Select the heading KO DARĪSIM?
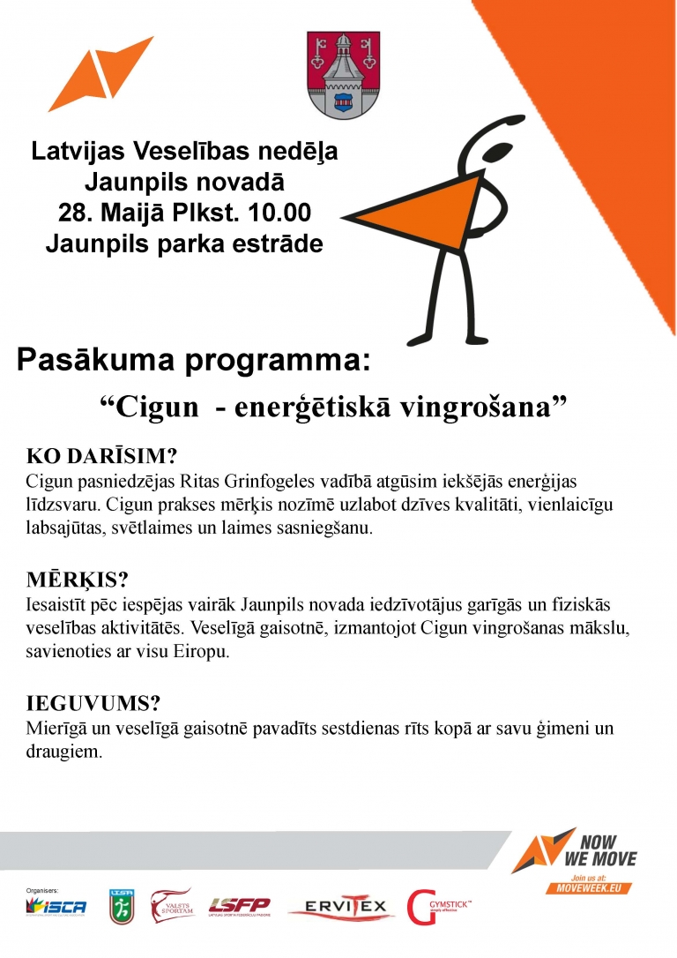coord(103,457)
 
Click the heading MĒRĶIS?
coord(78,580)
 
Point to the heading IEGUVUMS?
coord(93,704)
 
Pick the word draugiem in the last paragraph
coord(64,752)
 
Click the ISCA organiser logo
coord(56,906)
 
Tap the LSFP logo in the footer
coord(240,906)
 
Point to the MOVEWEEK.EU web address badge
coord(590,888)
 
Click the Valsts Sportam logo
coord(172,905)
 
